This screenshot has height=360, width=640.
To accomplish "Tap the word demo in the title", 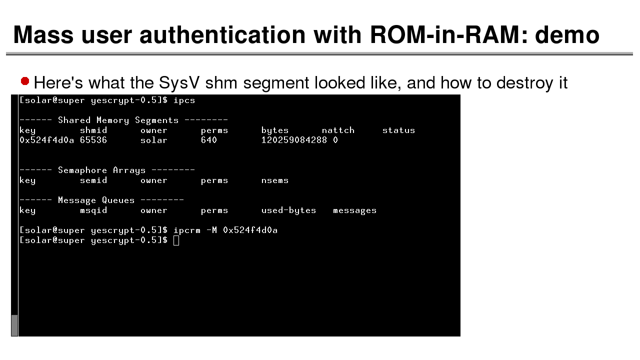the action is (567, 35).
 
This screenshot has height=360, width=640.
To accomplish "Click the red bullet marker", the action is (25, 81).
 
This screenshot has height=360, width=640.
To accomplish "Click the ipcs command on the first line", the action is (184, 100).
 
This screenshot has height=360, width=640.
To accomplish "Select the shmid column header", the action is (93, 130).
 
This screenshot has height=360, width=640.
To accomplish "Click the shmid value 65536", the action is (93, 140).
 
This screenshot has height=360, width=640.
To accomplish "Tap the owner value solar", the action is (153, 140).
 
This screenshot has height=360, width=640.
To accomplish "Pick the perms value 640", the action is (209, 140).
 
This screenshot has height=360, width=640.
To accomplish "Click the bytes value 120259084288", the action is (294, 140).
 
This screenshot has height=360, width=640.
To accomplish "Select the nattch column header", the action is (338, 130).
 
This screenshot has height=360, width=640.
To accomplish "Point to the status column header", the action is (398, 130).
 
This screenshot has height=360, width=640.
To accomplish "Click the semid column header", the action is (93, 180).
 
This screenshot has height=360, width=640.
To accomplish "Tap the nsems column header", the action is (275, 180).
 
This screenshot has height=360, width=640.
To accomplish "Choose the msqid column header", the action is (93, 210).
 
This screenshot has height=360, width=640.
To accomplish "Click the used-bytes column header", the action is (288, 210).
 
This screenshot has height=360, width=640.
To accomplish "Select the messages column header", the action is (354, 211).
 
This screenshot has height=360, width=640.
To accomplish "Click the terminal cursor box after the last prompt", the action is (176, 240).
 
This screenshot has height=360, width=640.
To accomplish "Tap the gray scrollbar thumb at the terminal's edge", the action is (14, 325).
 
